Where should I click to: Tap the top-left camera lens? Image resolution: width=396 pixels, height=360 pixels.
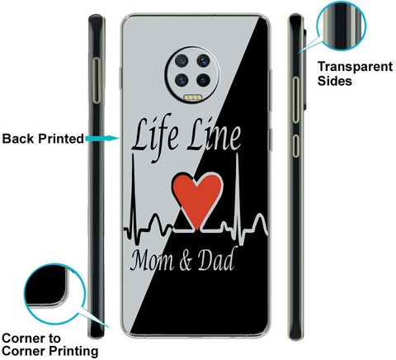coord(181,60)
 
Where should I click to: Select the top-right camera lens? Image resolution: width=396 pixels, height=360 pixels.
coord(203,60)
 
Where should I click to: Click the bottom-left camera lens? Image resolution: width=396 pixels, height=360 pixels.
coord(181,80)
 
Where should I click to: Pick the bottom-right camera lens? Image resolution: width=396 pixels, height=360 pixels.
coord(203,80)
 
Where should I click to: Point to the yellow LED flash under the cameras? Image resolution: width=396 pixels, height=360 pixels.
coord(192,97)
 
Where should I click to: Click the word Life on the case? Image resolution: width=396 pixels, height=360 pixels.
coord(154,136)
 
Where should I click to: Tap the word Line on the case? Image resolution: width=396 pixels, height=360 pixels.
coord(214,135)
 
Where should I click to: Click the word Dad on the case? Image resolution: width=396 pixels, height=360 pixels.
coord(216,258)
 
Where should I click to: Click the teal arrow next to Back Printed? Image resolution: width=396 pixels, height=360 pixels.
coord(102,138)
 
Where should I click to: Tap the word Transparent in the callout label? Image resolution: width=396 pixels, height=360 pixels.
coord(355,67)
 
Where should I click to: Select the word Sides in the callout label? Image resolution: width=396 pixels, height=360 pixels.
coord(335,81)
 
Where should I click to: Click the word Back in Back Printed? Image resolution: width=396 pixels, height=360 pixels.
coord(18,139)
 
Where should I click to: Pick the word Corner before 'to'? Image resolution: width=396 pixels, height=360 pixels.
coord(23,339)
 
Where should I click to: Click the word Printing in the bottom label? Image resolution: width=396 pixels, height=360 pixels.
coord(73,351)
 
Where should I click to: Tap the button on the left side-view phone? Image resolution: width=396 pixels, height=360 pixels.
coord(97,80)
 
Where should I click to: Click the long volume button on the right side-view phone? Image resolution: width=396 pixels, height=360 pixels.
coord(295,100)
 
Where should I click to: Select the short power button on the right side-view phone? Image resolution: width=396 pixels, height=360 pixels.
coord(295,146)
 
